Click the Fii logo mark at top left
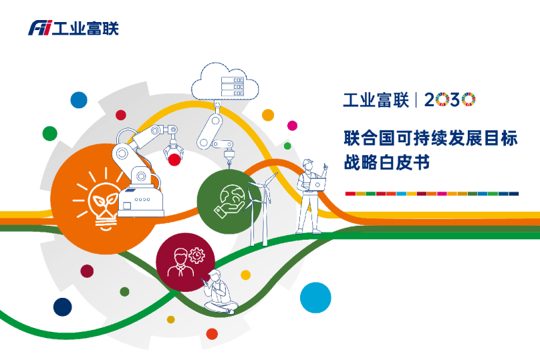(x=39, y=28)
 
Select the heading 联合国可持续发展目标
(x=430, y=138)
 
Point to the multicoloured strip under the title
(x=432, y=193)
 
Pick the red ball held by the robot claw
(x=175, y=159)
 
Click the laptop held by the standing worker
(x=318, y=184)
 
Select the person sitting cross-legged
(x=219, y=294)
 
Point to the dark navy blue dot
(x=62, y=307)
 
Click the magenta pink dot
(x=292, y=126)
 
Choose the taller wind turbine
(x=255, y=207)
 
